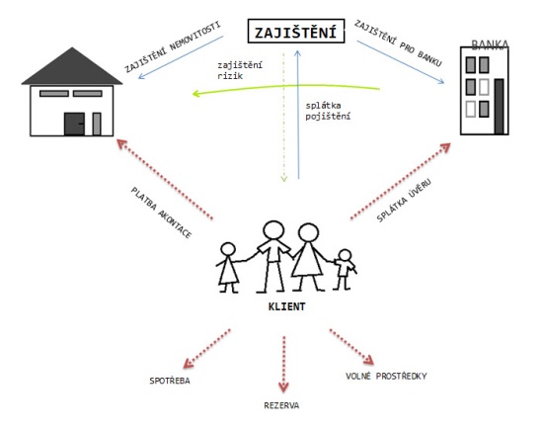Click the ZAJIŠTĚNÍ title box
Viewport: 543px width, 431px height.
(x=296, y=32)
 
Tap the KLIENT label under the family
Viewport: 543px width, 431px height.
(x=286, y=306)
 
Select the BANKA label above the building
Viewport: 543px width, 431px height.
(x=490, y=44)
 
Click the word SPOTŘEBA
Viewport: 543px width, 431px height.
(x=170, y=381)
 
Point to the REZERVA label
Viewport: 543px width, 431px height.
(x=281, y=405)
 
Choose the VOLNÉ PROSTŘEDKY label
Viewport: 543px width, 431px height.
(x=386, y=376)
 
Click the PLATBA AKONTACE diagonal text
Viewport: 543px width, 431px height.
(x=161, y=213)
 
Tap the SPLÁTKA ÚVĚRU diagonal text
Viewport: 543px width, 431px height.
(x=404, y=201)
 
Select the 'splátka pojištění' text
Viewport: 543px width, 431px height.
(x=328, y=111)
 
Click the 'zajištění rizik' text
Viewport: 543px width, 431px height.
(x=240, y=70)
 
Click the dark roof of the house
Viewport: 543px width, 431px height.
(x=72, y=66)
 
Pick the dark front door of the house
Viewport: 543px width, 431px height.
(x=74, y=124)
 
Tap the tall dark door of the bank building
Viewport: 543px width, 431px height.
(x=499, y=107)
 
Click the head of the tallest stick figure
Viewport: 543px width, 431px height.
(x=273, y=230)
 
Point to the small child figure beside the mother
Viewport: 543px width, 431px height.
(x=345, y=269)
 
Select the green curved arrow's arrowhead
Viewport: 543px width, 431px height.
(x=196, y=93)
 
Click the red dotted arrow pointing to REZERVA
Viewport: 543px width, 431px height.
(x=284, y=364)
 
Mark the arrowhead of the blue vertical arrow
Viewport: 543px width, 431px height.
(x=297, y=53)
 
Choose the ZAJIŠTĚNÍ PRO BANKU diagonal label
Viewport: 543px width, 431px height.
(x=398, y=43)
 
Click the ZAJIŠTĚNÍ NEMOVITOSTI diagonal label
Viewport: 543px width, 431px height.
(x=173, y=47)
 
